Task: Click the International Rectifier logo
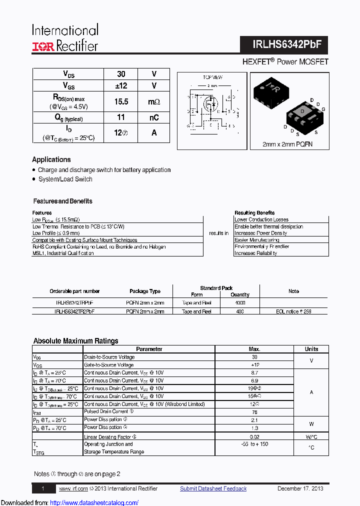coord(65,37)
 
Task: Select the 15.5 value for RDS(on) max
coord(121,101)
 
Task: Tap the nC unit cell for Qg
coord(153,117)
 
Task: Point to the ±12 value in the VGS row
coord(121,86)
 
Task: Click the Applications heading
coord(51,159)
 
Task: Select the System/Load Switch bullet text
coord(65,179)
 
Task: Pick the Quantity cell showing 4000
coord(240,303)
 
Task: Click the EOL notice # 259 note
coord(293,311)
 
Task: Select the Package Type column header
coord(145,291)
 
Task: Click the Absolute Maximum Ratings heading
coord(75,341)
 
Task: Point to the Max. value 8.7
coord(254,372)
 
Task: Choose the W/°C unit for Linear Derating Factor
coord(311,437)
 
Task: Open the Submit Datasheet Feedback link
coord(213,488)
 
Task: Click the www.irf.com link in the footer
coord(73,488)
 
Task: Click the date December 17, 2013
coord(300,488)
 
